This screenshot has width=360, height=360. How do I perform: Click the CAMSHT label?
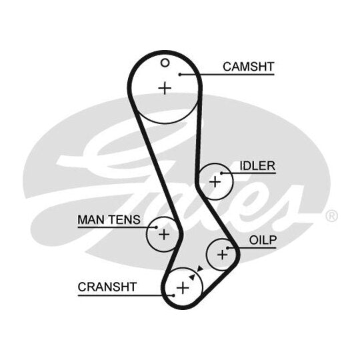point(249,67)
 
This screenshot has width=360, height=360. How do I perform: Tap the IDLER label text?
point(257,166)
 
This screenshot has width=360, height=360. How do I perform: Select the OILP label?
point(263,240)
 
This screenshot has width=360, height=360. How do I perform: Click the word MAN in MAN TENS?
point(91,220)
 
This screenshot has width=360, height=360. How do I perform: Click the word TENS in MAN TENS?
point(125,220)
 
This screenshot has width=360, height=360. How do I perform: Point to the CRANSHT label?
point(107,287)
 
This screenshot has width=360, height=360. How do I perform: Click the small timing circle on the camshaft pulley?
point(165,63)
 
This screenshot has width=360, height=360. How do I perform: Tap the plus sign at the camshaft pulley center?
point(165,89)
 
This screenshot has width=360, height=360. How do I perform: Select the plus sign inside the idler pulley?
point(215,182)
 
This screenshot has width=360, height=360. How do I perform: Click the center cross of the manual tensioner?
point(164,235)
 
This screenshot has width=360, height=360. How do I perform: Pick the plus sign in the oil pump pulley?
point(222,255)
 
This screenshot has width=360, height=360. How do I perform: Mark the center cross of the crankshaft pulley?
point(183,288)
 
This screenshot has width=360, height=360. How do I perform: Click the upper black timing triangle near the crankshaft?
point(200,269)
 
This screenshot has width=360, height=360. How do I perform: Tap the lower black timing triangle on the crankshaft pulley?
point(192,277)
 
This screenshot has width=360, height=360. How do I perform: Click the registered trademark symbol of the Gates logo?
point(331,216)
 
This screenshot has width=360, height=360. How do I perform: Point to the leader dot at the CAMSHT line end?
point(180,75)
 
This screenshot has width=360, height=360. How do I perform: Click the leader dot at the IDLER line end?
point(222,173)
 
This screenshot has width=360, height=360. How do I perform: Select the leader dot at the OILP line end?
point(228,248)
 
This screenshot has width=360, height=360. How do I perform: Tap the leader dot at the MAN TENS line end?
point(157,227)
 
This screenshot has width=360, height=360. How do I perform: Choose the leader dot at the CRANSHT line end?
point(173,295)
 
